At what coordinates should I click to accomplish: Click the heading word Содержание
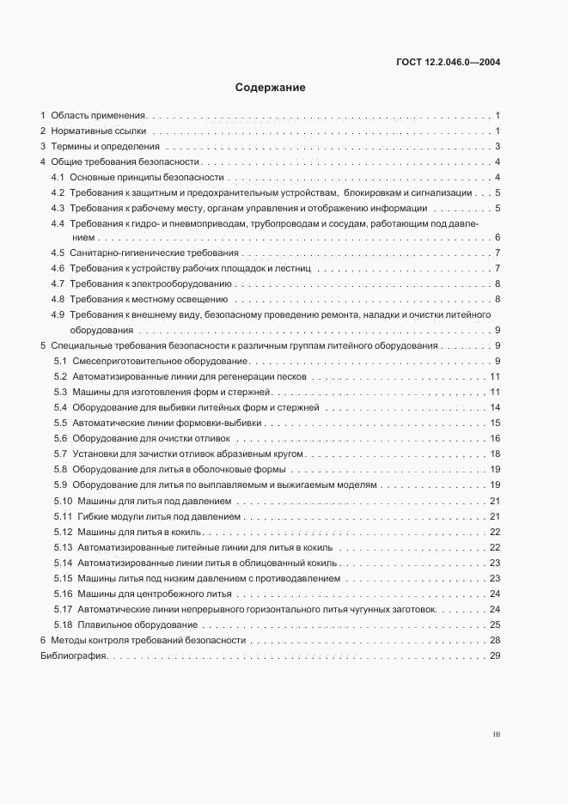coord(270,88)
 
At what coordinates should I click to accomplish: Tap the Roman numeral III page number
coord(496,734)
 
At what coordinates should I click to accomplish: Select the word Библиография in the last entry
coord(73,657)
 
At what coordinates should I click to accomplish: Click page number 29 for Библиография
coord(494,657)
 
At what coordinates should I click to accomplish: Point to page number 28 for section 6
coord(494,641)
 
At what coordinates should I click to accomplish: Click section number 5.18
coord(62,624)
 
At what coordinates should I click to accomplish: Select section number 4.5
coord(58,253)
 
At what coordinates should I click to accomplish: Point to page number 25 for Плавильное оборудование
coord(494,624)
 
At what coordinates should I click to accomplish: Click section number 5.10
coord(62,501)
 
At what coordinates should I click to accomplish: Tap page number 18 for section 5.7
coord(494,454)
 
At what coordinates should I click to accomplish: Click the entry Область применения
coord(98,114)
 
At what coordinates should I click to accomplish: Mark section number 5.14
coord(62,563)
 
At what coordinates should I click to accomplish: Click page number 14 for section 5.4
coord(494,407)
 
